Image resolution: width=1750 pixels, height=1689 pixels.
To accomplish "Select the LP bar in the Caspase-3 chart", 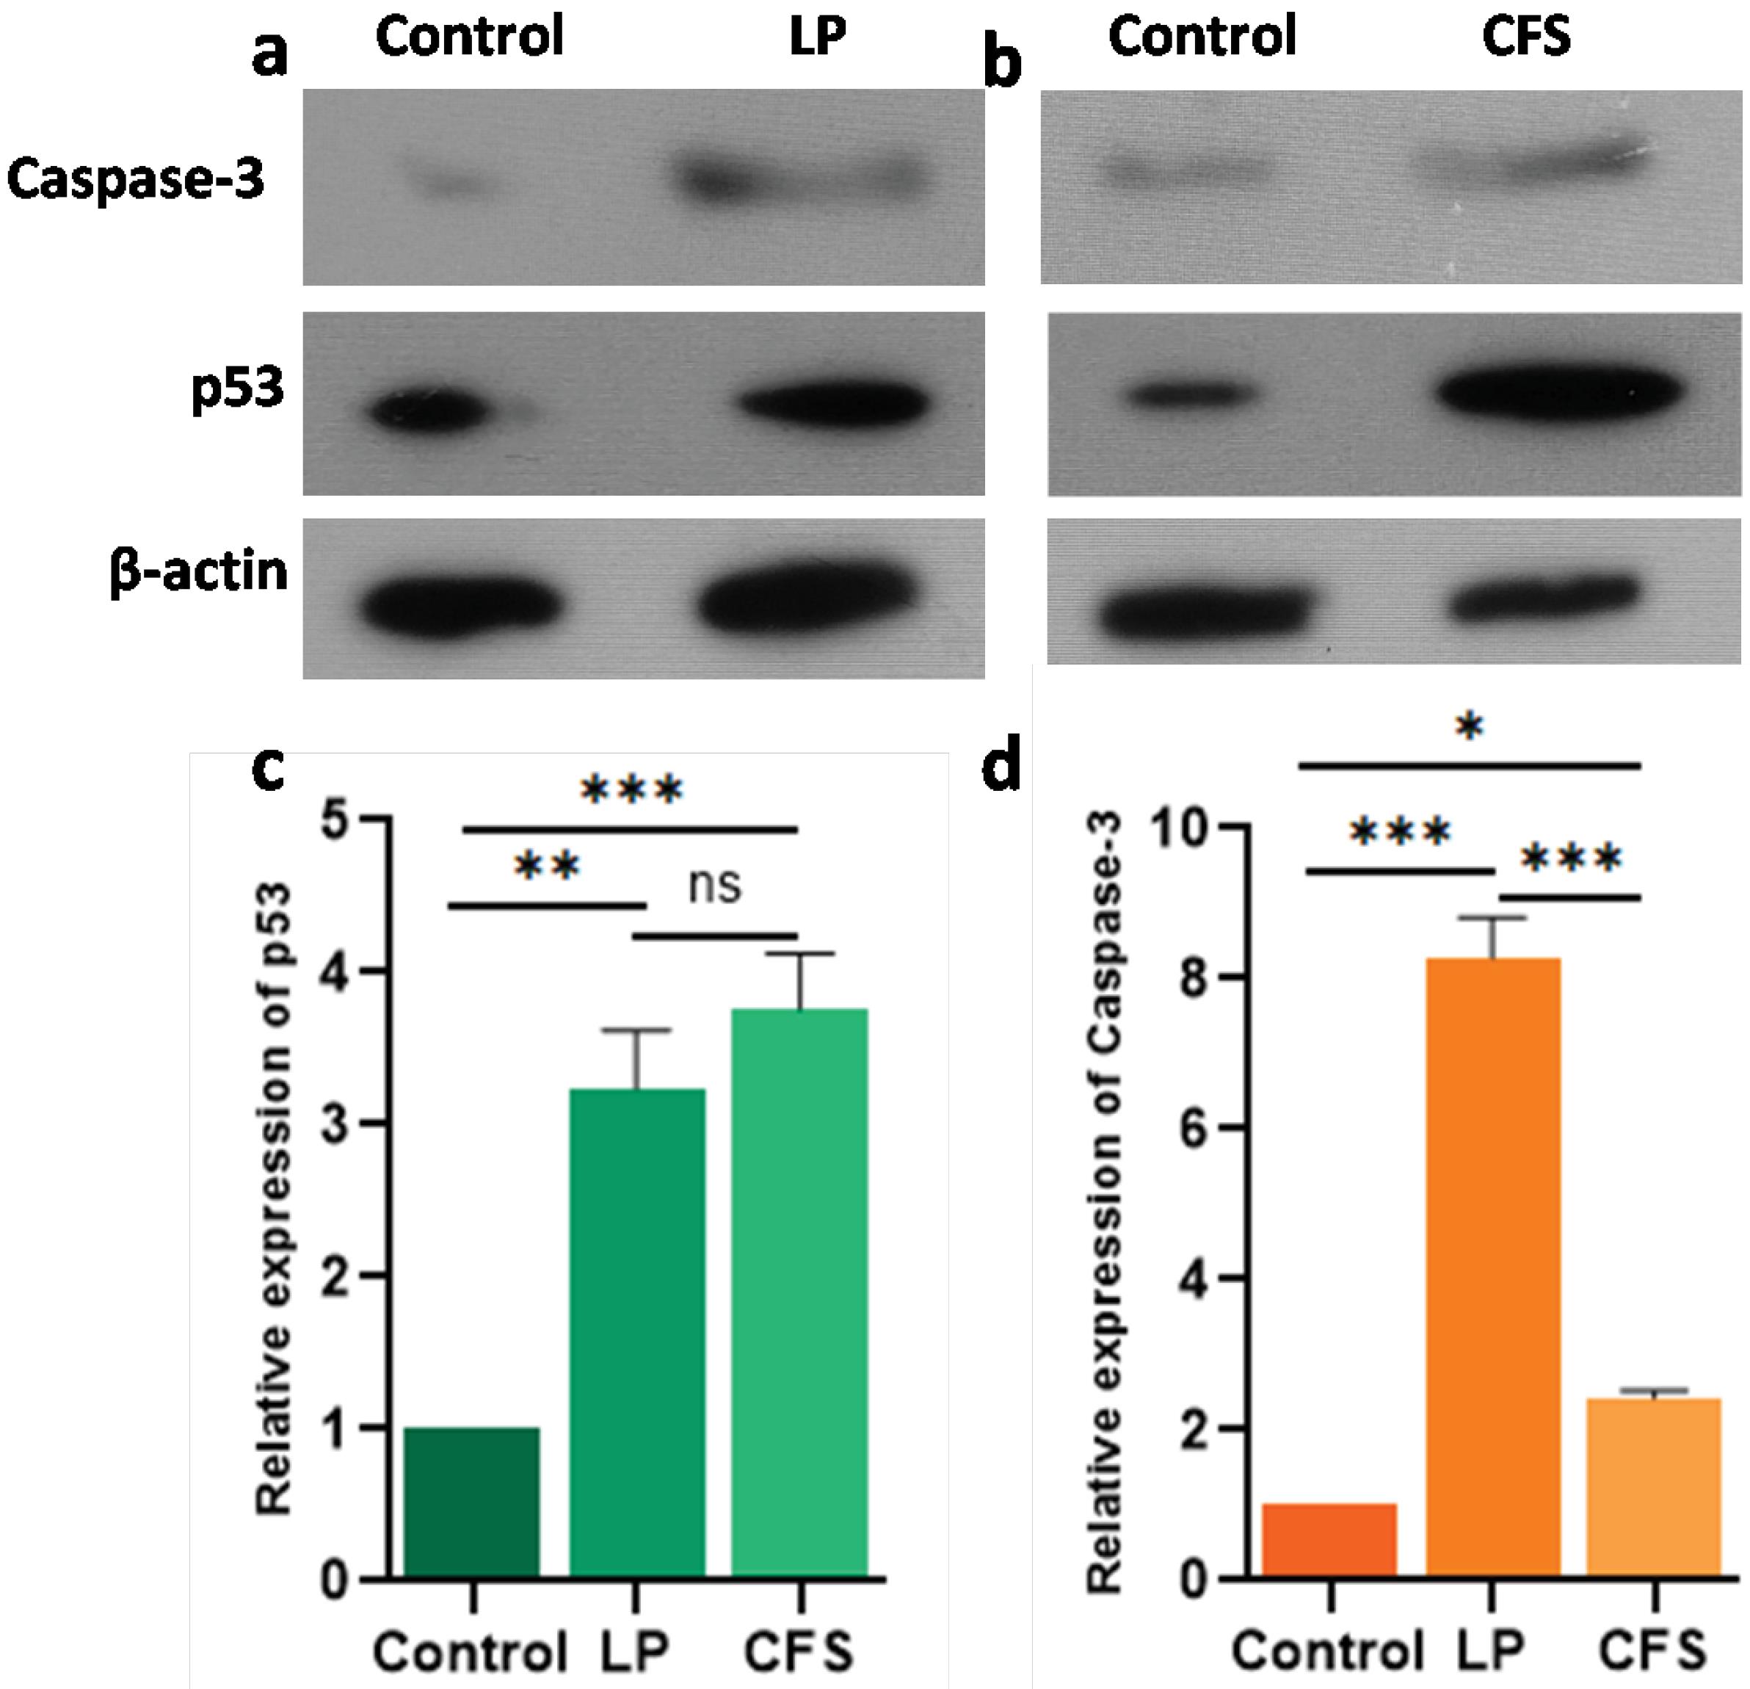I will coord(1493,1269).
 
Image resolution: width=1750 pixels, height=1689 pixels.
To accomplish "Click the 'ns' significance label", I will coord(716,887).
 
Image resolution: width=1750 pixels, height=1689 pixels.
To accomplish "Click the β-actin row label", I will coord(198,571).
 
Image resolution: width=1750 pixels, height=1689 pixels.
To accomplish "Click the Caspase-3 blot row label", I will coord(136,181).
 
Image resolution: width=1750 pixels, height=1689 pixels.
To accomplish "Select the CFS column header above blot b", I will coord(1526,37).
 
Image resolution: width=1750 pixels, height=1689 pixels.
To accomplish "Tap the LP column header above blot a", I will coord(817,37).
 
